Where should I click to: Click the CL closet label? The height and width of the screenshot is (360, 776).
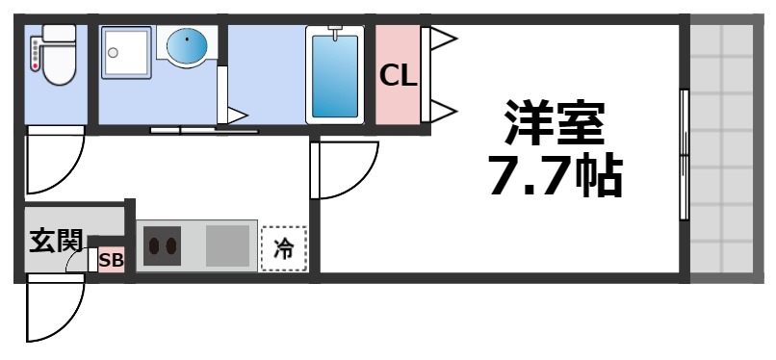pyautogui.click(x=398, y=75)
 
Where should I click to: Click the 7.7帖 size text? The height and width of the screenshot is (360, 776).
pyautogui.click(x=556, y=175)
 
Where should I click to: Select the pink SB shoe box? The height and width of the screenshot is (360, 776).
pyautogui.click(x=112, y=259)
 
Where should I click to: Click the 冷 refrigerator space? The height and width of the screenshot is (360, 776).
pyautogui.click(x=284, y=248)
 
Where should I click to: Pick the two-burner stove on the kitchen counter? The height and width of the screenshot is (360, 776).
pyautogui.click(x=161, y=245)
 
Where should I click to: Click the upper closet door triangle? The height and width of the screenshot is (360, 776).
pyautogui.click(x=441, y=39)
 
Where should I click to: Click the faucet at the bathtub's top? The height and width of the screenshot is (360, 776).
pyautogui.click(x=334, y=35)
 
